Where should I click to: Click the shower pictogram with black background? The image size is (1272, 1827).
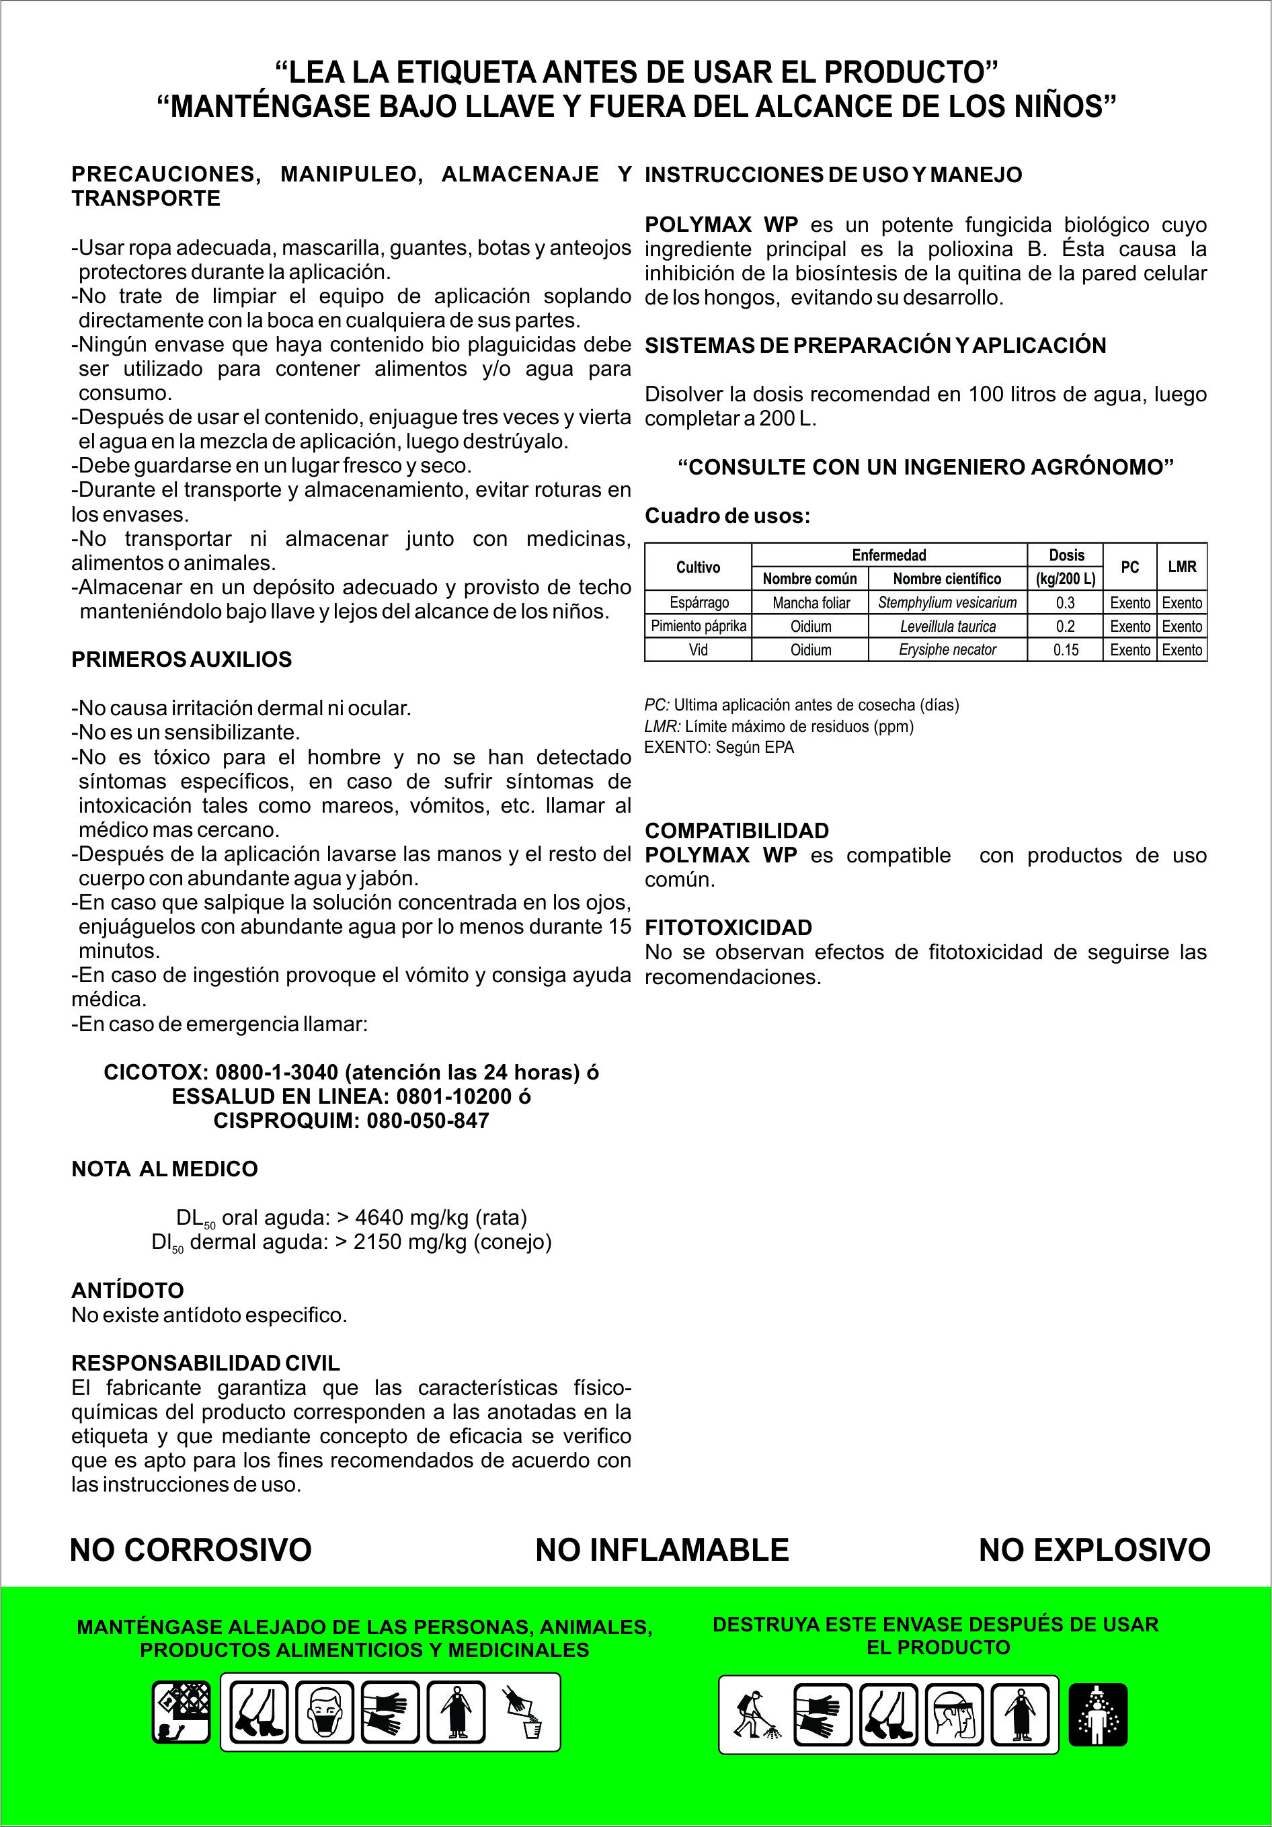pos(1098,1714)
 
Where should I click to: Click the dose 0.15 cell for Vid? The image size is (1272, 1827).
pos(1065,650)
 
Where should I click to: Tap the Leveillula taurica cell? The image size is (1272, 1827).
pos(947,626)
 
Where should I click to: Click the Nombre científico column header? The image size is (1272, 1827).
pos(947,579)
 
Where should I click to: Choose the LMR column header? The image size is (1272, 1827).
pos(1182,567)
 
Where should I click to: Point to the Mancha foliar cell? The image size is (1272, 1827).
pos(810,602)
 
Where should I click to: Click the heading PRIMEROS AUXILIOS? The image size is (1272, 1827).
pos(182,659)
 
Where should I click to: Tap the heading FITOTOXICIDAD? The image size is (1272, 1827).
pos(728,928)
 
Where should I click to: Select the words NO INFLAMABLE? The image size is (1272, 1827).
pos(662,1550)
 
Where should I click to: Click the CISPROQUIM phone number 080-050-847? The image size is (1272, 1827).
pos(428,1121)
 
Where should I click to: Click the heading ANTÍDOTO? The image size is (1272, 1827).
pos(127,1291)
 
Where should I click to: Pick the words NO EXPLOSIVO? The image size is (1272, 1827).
pos(1095,1550)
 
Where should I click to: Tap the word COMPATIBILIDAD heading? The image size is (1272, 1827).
pos(737,831)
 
